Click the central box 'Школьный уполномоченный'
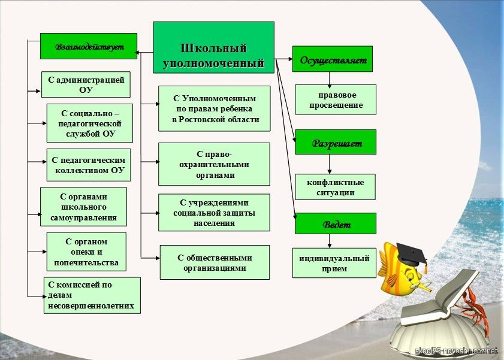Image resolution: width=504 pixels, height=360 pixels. click(x=214, y=47)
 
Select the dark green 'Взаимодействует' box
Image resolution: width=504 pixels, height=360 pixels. click(x=89, y=46)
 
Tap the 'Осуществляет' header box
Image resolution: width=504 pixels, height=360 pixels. click(x=333, y=59)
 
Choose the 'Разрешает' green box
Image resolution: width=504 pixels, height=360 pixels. click(x=336, y=143)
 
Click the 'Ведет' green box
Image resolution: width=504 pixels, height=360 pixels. click(x=336, y=223)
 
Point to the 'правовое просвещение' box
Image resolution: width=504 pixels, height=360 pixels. click(x=336, y=99)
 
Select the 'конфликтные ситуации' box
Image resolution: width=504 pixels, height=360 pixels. click(x=335, y=187)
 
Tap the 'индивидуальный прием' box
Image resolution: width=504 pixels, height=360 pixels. click(x=334, y=263)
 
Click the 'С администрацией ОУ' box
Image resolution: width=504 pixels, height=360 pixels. click(x=86, y=84)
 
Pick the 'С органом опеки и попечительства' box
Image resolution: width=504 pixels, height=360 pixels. click(x=86, y=252)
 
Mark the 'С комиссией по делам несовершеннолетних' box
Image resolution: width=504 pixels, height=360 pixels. click(x=92, y=295)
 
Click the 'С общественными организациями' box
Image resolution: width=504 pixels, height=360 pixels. click(x=215, y=262)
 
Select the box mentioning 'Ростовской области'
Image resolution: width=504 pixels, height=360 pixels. click(x=215, y=108)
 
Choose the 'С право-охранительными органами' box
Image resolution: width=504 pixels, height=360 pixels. click(x=215, y=164)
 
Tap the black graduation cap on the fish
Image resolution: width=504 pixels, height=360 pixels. click(x=412, y=254)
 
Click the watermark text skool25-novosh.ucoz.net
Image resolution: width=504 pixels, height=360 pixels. click(x=456, y=350)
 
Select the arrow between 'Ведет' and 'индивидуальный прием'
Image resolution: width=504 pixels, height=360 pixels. click(x=330, y=241)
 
